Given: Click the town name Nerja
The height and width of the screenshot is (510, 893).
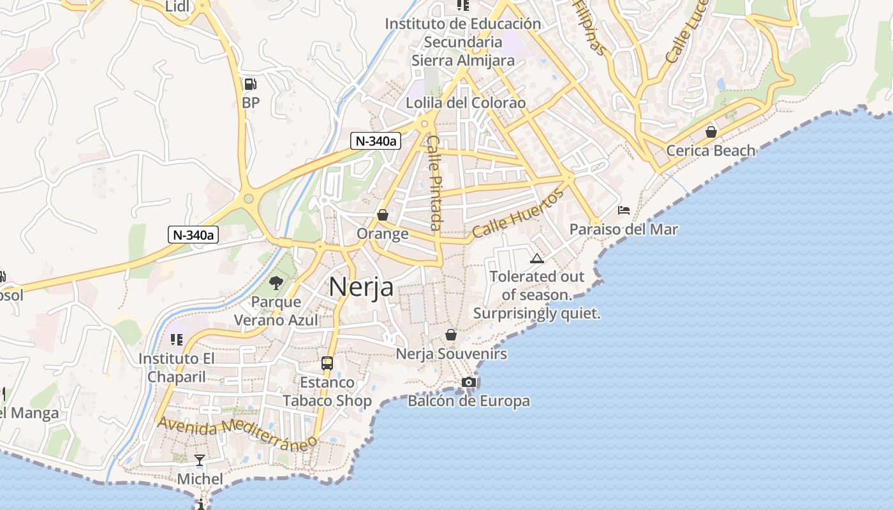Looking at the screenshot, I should [x=361, y=288].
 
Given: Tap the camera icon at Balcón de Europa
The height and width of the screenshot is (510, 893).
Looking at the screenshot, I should [x=469, y=382].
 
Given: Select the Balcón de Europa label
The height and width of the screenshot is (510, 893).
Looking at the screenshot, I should [x=469, y=401].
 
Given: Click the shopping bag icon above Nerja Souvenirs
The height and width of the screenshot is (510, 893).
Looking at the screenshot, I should [x=451, y=334].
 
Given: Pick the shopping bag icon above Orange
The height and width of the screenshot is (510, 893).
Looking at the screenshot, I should [x=383, y=215].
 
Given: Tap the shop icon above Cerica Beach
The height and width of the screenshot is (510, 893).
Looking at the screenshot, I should [x=711, y=132].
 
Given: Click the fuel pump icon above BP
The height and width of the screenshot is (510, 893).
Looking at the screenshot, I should [x=251, y=84].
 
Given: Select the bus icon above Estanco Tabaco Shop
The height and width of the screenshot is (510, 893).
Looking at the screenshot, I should [x=327, y=363].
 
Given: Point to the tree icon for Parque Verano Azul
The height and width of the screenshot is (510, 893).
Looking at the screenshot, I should [x=276, y=282].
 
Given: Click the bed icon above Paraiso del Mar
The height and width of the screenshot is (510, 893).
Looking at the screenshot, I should [x=624, y=210].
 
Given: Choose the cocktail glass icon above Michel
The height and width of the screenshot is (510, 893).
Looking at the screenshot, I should [x=200, y=460].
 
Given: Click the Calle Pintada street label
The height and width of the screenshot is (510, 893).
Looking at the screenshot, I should [x=434, y=182].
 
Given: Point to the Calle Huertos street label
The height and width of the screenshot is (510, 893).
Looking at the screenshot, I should [x=518, y=214].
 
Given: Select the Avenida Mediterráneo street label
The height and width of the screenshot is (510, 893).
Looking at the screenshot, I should [x=237, y=433].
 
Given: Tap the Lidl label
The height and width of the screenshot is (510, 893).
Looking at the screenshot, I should [x=178, y=7].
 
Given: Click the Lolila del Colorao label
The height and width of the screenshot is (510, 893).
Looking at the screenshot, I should [x=466, y=103].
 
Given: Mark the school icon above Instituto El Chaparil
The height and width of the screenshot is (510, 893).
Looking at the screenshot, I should [x=177, y=340].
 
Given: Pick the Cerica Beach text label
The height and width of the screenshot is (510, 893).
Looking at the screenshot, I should [x=711, y=150].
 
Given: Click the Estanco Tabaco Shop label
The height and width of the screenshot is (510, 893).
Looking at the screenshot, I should [x=327, y=391].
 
